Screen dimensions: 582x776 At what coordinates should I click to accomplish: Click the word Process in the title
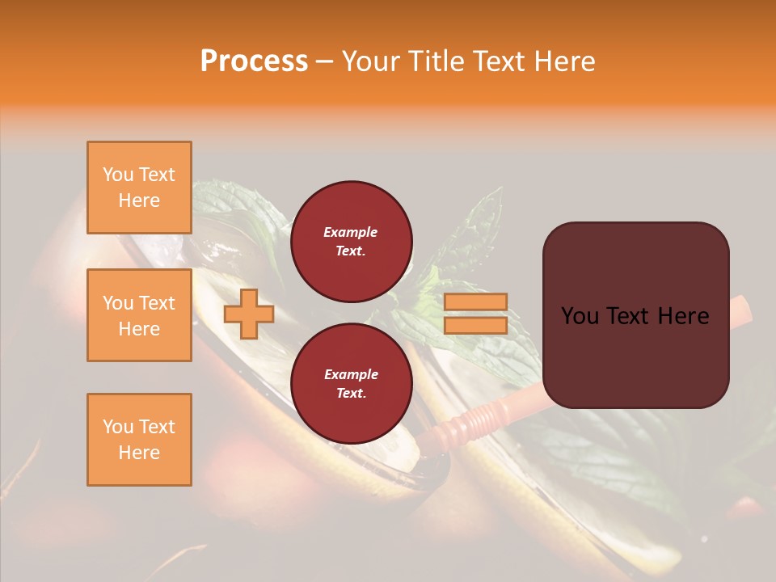tap(254, 61)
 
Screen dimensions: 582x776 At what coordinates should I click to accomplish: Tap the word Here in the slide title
tap(562, 61)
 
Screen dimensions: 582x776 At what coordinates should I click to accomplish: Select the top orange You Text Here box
tap(139, 188)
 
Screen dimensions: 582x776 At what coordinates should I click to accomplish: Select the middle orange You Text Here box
tap(139, 315)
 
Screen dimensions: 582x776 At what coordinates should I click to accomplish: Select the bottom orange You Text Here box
tap(139, 440)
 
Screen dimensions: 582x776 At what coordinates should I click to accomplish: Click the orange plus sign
tap(249, 314)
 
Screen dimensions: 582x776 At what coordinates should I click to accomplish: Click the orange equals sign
tap(475, 314)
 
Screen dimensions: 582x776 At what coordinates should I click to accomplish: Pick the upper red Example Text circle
tap(351, 242)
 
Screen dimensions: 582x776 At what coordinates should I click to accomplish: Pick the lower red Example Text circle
tap(351, 384)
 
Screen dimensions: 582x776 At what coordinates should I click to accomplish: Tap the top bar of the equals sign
tap(475, 302)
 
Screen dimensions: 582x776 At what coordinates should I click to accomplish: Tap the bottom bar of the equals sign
tap(475, 325)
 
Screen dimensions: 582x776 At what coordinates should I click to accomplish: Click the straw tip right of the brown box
tap(741, 308)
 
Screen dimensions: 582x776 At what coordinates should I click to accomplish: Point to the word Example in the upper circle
tap(351, 232)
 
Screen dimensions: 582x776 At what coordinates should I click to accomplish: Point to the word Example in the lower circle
tap(351, 374)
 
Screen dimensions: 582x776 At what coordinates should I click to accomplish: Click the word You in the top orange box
tap(117, 175)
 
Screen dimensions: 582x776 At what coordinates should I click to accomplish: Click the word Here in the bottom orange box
tap(139, 453)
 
